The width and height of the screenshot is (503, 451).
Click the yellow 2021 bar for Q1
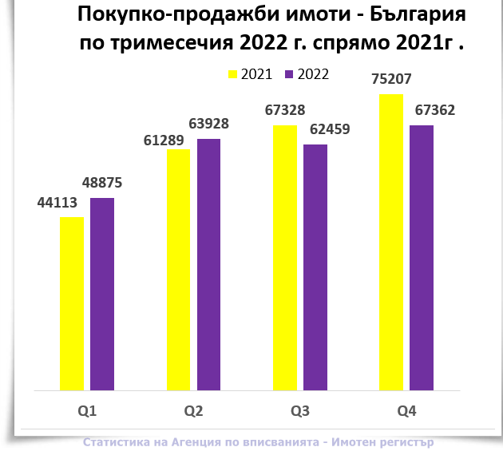(x=72, y=304)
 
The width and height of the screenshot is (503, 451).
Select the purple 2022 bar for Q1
(x=102, y=295)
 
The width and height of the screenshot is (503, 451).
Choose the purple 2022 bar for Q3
(x=315, y=267)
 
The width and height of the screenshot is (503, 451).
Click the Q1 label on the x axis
(x=87, y=412)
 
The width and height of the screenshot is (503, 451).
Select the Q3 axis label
(x=300, y=412)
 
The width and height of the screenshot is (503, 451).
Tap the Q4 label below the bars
(x=406, y=412)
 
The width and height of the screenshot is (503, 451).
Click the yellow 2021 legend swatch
(x=233, y=74)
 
